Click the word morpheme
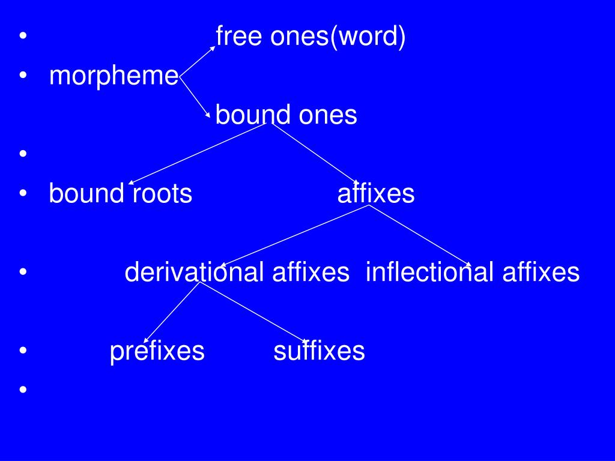pyautogui.click(x=114, y=77)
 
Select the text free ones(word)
pyautogui.click(x=311, y=37)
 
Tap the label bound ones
pyautogui.click(x=286, y=115)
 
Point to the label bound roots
pyautogui.click(x=120, y=194)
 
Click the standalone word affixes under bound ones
pyautogui.click(x=376, y=194)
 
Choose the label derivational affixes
pyautogui.click(x=237, y=273)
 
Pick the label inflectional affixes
pyautogui.click(x=473, y=273)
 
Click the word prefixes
pyautogui.click(x=157, y=351)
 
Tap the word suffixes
pyautogui.click(x=319, y=351)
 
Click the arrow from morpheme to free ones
pyautogui.click(x=197, y=61)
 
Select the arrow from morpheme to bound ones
pyautogui.click(x=195, y=96)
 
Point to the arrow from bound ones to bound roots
pyautogui.click(x=198, y=152)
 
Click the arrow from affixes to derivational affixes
pyautogui.click(x=294, y=235)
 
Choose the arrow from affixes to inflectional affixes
pyautogui.click(x=419, y=235)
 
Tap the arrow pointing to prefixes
pyautogui.click(x=172, y=312)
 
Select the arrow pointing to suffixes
pyautogui.click(x=254, y=312)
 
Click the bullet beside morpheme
pyautogui.click(x=23, y=77)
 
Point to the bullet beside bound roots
pyautogui.click(x=23, y=194)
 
